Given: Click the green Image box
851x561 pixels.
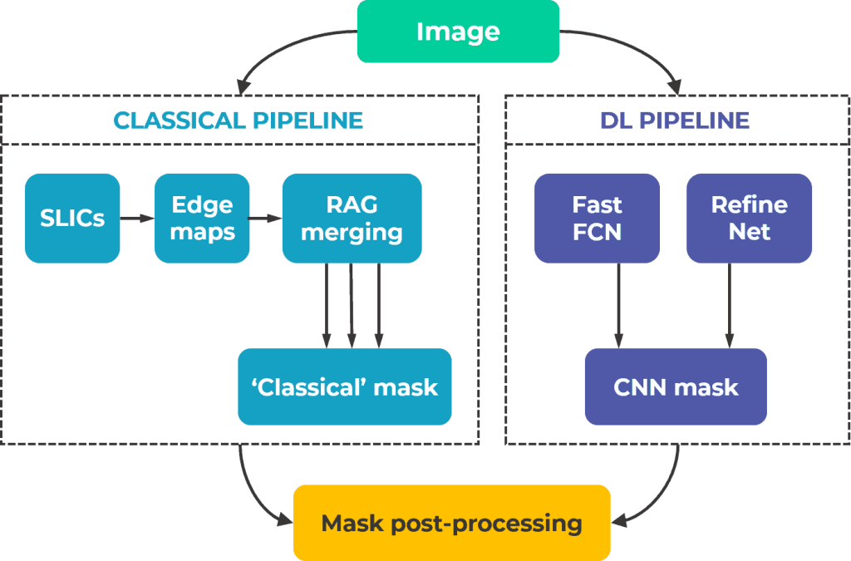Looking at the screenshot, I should [x=458, y=32].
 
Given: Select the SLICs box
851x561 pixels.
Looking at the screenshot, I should [x=73, y=218].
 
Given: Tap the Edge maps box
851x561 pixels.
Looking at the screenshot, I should [x=202, y=218].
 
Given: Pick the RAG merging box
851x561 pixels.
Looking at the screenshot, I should [x=352, y=218].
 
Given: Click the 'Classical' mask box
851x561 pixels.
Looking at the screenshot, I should [x=344, y=386].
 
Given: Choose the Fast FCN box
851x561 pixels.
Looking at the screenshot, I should [x=597, y=218].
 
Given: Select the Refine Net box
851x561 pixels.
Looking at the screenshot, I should [x=749, y=218].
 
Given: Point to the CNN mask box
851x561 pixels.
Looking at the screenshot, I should [x=676, y=386].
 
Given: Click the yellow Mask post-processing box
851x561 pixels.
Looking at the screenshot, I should [x=451, y=523].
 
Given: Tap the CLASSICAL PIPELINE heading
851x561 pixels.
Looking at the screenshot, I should [x=239, y=121].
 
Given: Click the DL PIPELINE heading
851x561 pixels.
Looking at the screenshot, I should [x=675, y=121].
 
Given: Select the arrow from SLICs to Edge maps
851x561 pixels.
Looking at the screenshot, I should [x=137, y=219].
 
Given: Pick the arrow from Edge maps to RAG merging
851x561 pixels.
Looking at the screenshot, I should [x=265, y=219].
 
